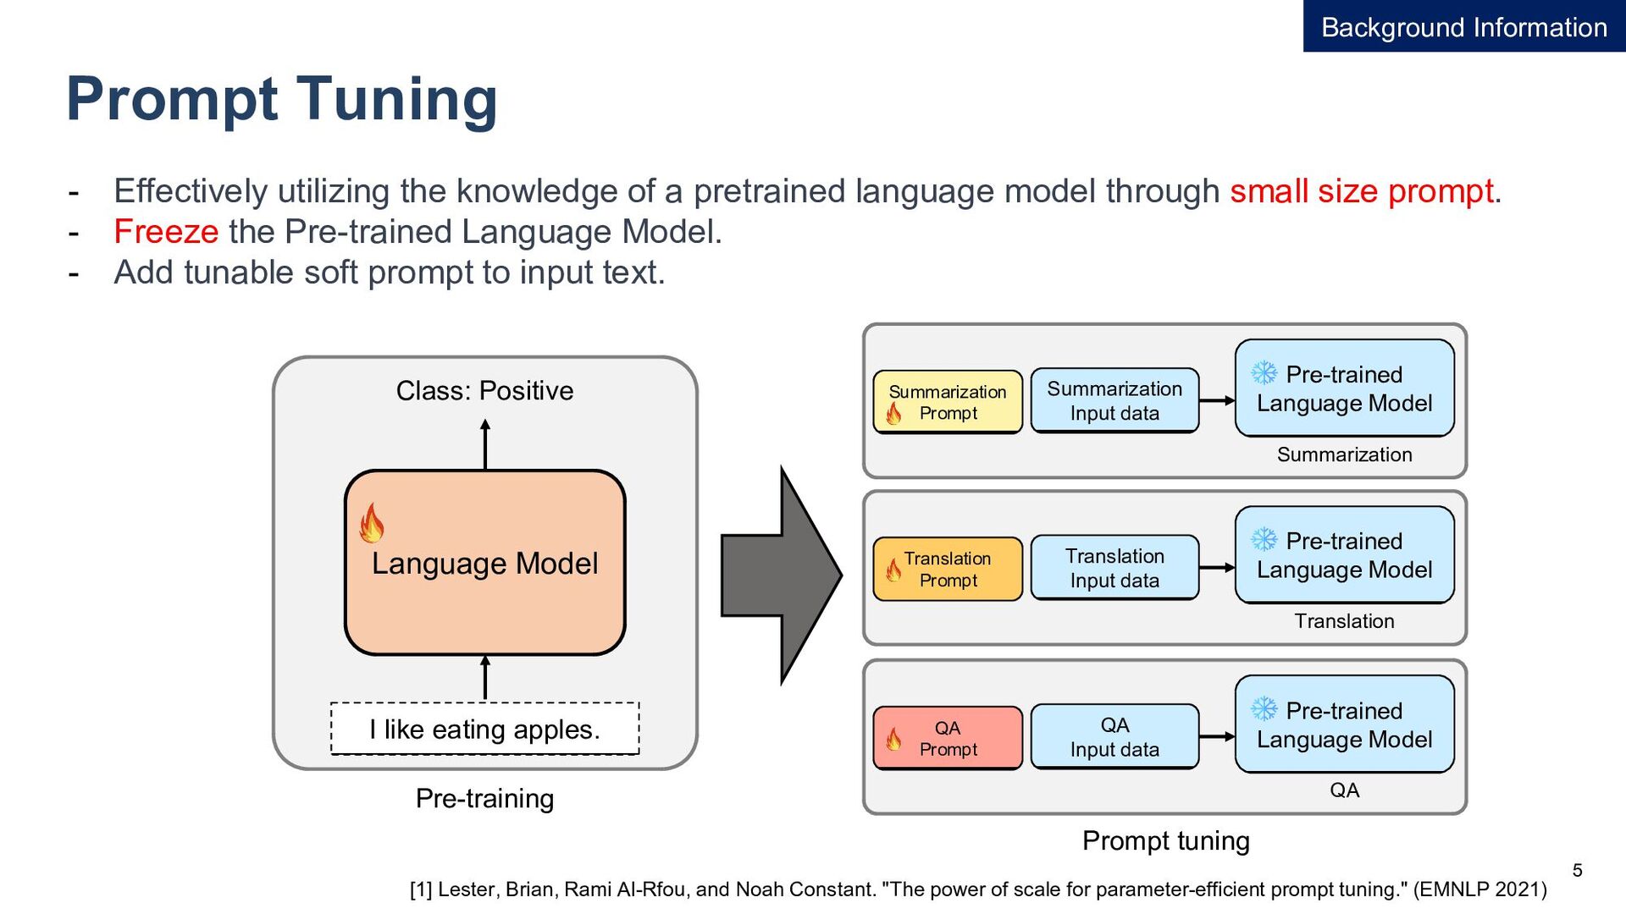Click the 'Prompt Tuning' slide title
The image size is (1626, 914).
(281, 100)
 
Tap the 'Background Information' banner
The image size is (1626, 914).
(1464, 26)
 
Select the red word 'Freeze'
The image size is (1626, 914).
(166, 231)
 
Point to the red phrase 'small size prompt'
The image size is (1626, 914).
(1361, 191)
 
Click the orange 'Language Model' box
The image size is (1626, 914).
(484, 563)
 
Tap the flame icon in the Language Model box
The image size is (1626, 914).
(371, 523)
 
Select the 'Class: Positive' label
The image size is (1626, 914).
(484, 390)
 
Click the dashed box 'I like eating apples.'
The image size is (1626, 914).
(484, 729)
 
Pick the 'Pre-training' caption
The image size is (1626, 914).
(484, 798)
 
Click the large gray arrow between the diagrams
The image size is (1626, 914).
(781, 575)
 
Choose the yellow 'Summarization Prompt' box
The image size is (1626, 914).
(948, 402)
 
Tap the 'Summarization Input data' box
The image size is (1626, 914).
(1114, 400)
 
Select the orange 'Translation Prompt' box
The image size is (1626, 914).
(948, 569)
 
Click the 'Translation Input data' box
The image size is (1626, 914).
(1114, 568)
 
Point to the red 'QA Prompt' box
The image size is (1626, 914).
(948, 738)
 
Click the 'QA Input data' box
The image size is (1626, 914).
(1114, 736)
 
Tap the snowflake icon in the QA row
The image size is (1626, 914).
(1264, 708)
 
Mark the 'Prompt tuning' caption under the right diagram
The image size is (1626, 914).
(1165, 840)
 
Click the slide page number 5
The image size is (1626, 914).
(1577, 870)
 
